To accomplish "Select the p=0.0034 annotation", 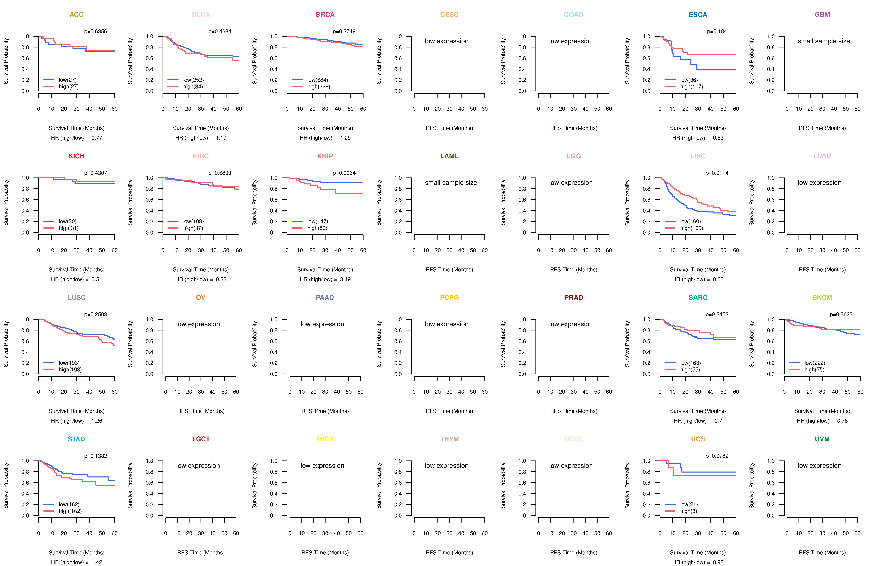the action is point(344,173).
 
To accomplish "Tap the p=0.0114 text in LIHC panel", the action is point(717,173).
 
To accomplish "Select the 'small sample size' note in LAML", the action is point(451,183).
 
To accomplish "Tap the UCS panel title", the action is point(698,439).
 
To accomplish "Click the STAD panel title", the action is point(76,439).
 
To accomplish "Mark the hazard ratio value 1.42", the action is point(97,562).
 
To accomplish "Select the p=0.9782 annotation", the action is point(717,456).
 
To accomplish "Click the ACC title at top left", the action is point(76,15).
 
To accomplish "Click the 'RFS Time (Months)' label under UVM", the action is point(822,553).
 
